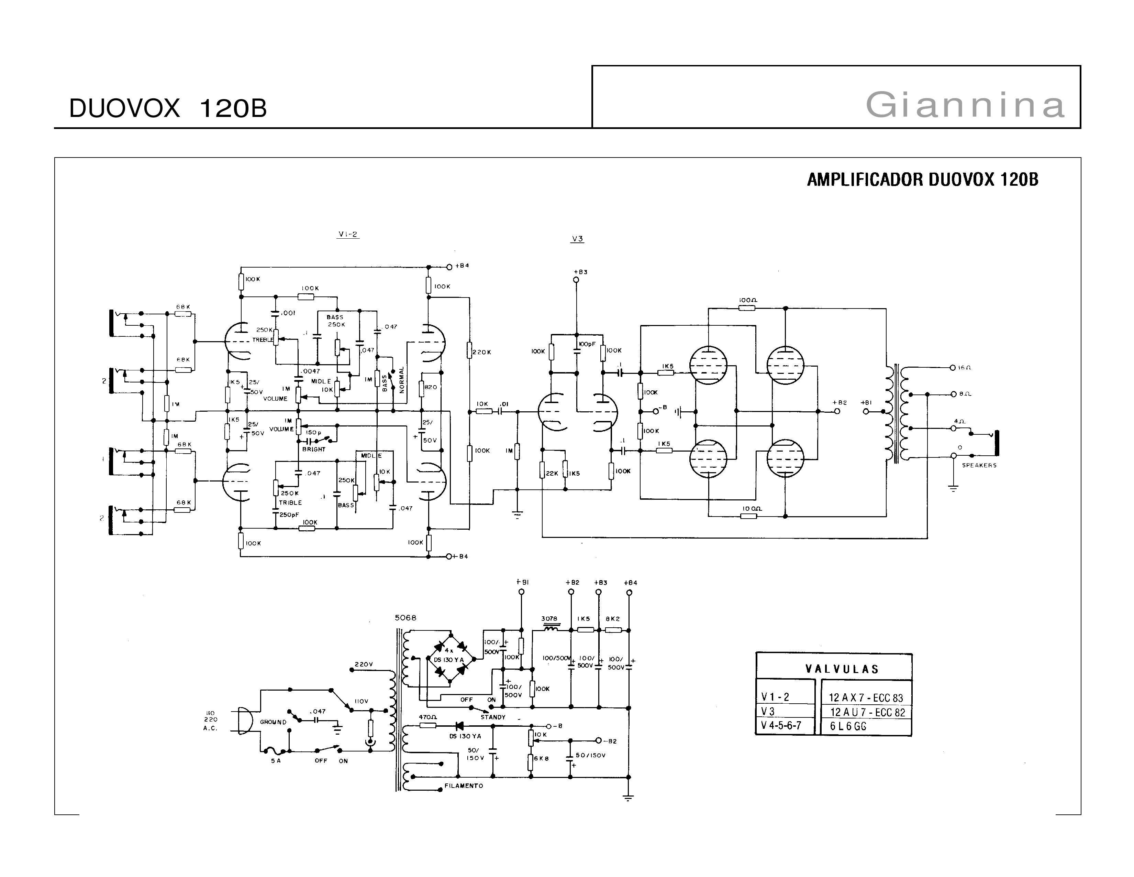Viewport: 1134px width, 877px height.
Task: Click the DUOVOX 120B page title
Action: pyautogui.click(x=168, y=109)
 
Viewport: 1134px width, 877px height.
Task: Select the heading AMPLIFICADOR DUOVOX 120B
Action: pyautogui.click(x=922, y=180)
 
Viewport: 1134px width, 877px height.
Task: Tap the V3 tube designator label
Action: pyautogui.click(x=577, y=239)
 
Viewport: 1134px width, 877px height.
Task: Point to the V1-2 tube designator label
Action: pyautogui.click(x=348, y=234)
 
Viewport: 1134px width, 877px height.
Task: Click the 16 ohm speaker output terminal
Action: pyautogui.click(x=952, y=368)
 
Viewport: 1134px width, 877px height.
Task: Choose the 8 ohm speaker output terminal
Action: pyautogui.click(x=953, y=394)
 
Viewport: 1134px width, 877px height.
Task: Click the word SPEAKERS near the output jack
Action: pyautogui.click(x=979, y=466)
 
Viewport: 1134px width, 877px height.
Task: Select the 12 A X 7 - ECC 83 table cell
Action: pyautogui.click(x=866, y=698)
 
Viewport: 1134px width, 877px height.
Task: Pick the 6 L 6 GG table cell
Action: pyautogui.click(x=848, y=726)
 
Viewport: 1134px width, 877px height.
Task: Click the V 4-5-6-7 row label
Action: pyautogui.click(x=781, y=725)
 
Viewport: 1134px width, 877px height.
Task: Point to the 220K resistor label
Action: pyautogui.click(x=482, y=352)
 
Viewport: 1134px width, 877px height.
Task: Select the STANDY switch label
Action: pyautogui.click(x=493, y=717)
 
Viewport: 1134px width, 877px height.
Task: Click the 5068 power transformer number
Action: pyautogui.click(x=405, y=618)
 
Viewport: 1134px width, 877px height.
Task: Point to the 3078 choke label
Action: pyautogui.click(x=549, y=619)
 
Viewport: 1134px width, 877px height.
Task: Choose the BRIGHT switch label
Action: pyautogui.click(x=314, y=450)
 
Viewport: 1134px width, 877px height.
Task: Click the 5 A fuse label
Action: pyautogui.click(x=276, y=761)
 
